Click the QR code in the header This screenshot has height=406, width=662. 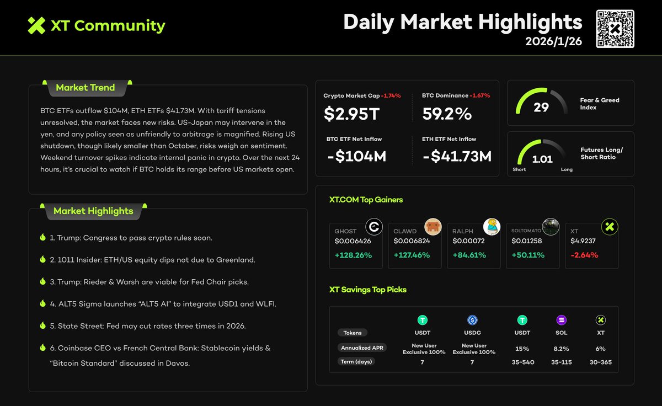pos(615,29)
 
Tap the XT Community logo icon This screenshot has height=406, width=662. pos(36,25)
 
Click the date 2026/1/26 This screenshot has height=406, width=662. pos(553,41)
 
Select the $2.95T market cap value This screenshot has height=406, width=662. pos(353,114)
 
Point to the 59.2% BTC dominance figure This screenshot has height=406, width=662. pos(447,114)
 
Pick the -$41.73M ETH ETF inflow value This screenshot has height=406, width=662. pos(457,157)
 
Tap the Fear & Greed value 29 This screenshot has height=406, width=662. pos(541,107)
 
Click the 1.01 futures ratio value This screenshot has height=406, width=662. pos(542,159)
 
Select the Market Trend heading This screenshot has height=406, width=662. pos(86,87)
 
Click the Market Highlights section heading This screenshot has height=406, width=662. pos(93,211)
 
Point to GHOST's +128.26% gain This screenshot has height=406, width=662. pos(353,255)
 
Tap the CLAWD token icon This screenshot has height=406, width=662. pos(433,227)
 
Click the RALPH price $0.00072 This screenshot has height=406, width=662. pos(468,241)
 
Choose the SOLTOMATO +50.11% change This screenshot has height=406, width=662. pos(528,255)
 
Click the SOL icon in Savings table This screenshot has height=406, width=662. pos(561,320)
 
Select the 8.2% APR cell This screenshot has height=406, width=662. pos(561,349)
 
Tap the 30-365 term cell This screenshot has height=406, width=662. pos(600,362)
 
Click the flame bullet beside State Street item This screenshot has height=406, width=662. pos(42,325)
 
